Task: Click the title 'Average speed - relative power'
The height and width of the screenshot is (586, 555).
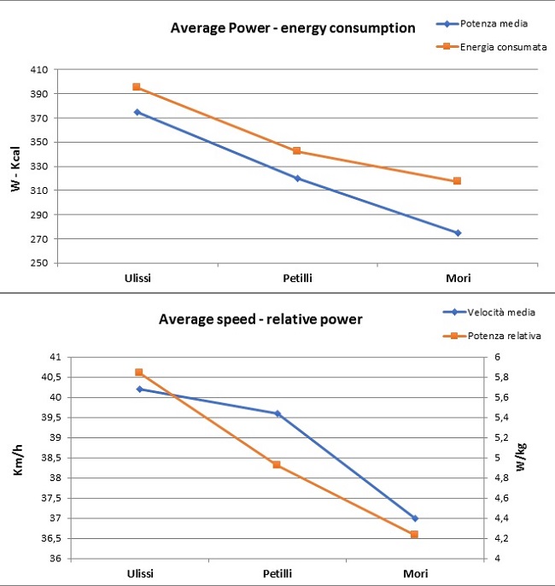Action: (260, 319)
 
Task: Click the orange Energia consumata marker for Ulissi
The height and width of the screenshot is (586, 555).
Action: (137, 87)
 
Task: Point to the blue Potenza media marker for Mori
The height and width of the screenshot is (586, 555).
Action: (458, 232)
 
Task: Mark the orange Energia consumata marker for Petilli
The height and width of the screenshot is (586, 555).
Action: (297, 151)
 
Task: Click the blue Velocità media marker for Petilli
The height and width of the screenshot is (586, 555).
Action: (277, 413)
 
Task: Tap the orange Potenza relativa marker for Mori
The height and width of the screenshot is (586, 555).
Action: (414, 535)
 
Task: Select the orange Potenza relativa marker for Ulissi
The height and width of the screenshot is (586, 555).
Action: (139, 372)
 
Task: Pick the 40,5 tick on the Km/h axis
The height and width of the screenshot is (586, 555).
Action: (53, 377)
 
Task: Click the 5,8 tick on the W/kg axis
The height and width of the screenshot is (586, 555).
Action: (516, 377)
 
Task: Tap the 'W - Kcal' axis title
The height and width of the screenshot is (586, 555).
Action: (16, 167)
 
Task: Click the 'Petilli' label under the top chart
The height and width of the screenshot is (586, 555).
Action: (297, 278)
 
